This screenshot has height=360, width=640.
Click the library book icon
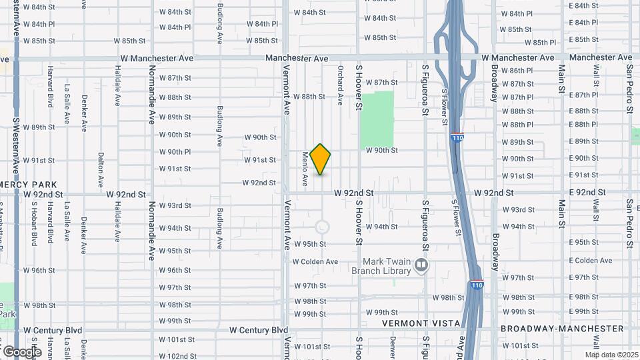(x=421, y=266)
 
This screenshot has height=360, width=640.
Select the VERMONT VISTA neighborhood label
(x=421, y=323)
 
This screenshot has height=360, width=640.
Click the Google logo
(x=21, y=351)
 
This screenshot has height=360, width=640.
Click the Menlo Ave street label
(x=305, y=168)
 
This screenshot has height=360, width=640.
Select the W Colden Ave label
(x=315, y=261)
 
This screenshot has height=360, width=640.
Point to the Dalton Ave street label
(x=101, y=169)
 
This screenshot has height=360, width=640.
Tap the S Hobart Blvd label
(x=34, y=220)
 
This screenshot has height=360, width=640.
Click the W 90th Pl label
(x=175, y=152)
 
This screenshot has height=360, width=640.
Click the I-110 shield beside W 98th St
(x=476, y=284)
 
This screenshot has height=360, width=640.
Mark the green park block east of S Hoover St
(x=377, y=120)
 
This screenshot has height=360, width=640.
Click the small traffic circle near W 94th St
(x=322, y=227)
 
